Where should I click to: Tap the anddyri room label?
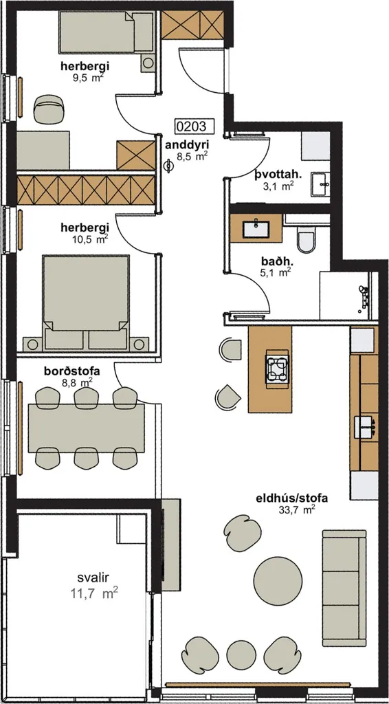[x=184, y=145]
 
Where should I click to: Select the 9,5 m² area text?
[x=86, y=76]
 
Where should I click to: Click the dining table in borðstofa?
[x=86, y=428]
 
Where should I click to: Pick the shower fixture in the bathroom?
[x=364, y=296]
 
